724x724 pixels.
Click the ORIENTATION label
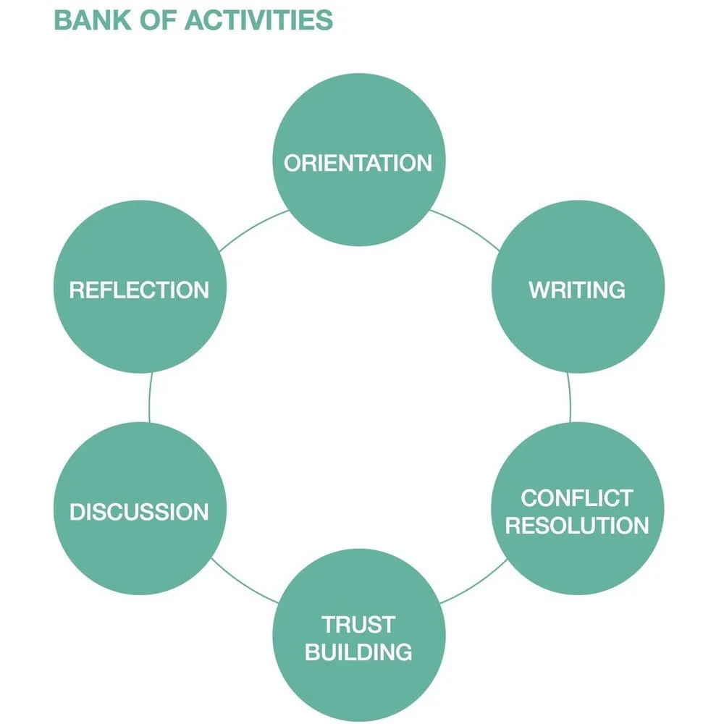click(358, 162)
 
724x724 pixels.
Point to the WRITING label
click(577, 290)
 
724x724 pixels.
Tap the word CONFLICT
click(577, 498)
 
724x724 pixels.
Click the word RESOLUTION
click(577, 525)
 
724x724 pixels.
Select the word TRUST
click(358, 624)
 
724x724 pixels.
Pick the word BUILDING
click(358, 651)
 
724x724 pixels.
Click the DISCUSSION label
click(139, 512)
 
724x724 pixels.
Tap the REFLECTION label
click(139, 290)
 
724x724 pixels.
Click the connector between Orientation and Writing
click(468, 227)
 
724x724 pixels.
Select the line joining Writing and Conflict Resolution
click(569, 397)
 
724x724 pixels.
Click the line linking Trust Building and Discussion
click(243, 583)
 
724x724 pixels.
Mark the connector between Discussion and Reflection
click(149, 397)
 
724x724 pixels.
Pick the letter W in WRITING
click(539, 290)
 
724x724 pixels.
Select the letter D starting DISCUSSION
click(77, 512)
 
